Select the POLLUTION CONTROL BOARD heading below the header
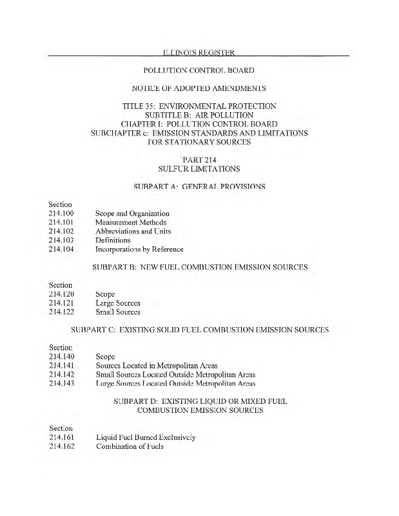coord(199,70)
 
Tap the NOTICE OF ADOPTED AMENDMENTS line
coord(199,88)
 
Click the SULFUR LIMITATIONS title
coord(199,169)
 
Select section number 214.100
coord(62,213)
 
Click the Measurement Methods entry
coord(129,223)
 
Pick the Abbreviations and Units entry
coord(133,232)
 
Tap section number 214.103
coord(62,241)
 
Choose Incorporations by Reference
coord(139,250)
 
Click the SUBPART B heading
coord(199,267)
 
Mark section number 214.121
coord(62,303)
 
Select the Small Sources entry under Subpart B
coord(118,312)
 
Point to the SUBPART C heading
coord(199,330)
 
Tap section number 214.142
coord(62,374)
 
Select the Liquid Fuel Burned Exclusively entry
coord(145,437)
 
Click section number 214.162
coord(62,446)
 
